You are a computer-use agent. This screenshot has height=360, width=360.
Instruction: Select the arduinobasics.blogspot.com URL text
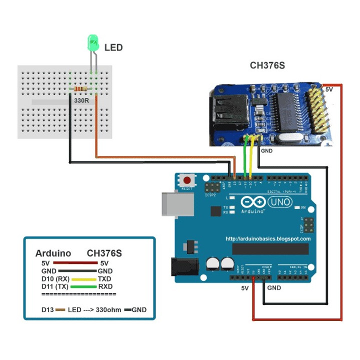click(267, 239)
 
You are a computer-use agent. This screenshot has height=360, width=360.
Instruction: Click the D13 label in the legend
click(47, 309)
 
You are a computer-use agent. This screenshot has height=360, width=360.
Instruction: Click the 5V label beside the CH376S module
click(329, 89)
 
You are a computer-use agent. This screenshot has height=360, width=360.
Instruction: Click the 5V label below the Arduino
click(244, 288)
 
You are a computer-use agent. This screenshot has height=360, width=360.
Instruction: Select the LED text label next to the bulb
click(113, 48)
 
